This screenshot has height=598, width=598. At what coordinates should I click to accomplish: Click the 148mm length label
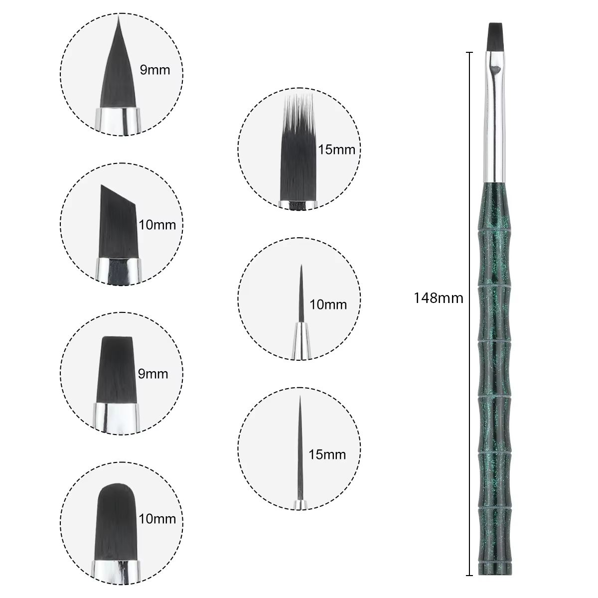(x=438, y=298)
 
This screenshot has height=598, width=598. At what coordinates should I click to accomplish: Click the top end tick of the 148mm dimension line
(x=469, y=52)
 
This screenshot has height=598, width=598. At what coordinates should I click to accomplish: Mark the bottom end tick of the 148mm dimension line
(x=469, y=576)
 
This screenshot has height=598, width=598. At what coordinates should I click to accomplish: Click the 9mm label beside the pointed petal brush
(x=155, y=70)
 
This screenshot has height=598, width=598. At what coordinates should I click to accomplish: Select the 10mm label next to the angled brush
(x=157, y=225)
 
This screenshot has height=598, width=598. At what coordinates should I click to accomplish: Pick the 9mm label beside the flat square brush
(x=152, y=374)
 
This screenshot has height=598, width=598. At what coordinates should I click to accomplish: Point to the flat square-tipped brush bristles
(x=117, y=370)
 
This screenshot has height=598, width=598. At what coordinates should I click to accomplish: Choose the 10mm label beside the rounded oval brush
(x=157, y=519)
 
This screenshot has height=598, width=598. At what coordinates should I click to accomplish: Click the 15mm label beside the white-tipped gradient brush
(x=336, y=150)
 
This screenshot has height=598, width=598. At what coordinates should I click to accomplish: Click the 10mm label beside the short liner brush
(x=328, y=305)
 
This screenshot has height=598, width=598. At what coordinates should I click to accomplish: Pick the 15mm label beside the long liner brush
(x=327, y=454)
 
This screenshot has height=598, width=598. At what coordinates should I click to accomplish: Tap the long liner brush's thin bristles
(x=300, y=448)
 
